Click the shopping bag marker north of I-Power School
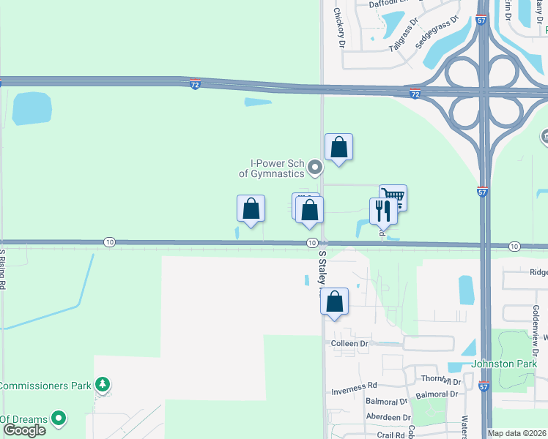(x=338, y=147)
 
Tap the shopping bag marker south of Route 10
(x=334, y=301)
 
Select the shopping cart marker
(x=393, y=196)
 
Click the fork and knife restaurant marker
(x=383, y=211)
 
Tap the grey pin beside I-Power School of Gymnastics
(x=316, y=168)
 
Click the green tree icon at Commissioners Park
(x=103, y=384)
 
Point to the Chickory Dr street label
(x=338, y=28)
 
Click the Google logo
(x=24, y=430)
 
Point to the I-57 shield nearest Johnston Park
(x=483, y=385)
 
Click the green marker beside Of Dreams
(x=58, y=419)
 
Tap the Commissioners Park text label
(x=45, y=386)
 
